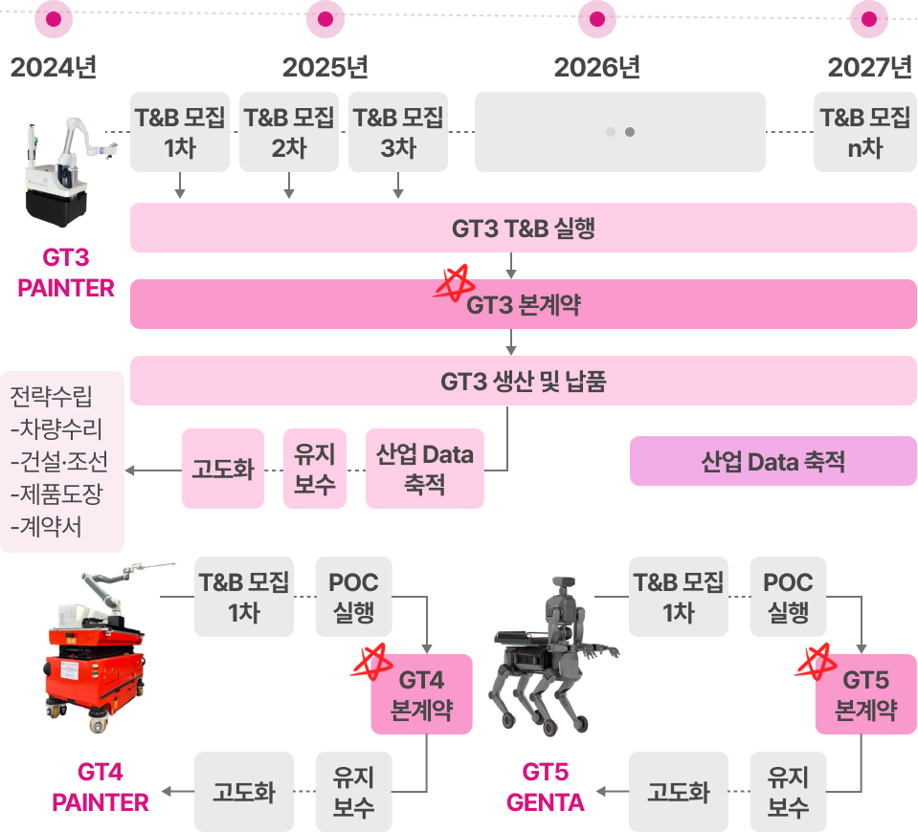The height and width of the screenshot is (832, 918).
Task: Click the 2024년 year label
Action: (x=54, y=67)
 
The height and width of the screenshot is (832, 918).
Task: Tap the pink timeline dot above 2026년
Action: (x=597, y=19)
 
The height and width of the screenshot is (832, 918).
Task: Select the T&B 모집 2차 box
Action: (x=289, y=132)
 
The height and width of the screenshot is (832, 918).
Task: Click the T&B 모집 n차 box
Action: (x=865, y=132)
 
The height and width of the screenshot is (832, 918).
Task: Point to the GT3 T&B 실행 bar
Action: (x=524, y=228)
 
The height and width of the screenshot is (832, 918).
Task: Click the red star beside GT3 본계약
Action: (x=454, y=283)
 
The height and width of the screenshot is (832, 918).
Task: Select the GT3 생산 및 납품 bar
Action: (x=524, y=381)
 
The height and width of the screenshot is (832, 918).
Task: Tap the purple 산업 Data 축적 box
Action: (x=773, y=461)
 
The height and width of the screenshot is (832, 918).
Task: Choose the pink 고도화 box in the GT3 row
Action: (x=223, y=469)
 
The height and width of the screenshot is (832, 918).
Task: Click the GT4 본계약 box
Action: (x=421, y=694)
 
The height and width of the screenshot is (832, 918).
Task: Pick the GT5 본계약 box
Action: (x=866, y=694)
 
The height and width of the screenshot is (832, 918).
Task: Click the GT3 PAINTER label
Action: (x=65, y=273)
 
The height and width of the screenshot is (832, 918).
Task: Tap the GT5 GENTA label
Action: (x=545, y=787)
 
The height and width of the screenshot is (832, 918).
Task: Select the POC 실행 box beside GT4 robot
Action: (x=353, y=597)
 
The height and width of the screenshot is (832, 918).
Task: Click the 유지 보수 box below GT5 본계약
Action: (x=788, y=792)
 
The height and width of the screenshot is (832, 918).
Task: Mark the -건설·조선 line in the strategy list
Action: (x=59, y=462)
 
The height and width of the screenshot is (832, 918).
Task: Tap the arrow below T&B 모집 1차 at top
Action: (x=180, y=186)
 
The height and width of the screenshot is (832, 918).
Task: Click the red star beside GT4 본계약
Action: (x=372, y=662)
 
